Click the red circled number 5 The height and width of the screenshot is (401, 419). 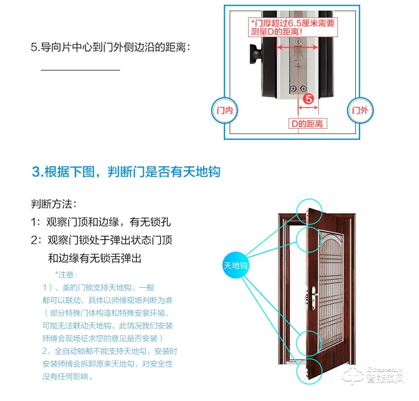[x=308, y=99]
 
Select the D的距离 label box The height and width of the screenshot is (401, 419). [x=308, y=124]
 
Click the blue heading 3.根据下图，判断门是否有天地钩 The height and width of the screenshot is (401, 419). [x=126, y=172]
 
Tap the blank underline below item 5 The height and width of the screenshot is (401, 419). [x=80, y=69]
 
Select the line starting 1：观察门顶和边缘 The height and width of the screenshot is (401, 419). [x=100, y=221]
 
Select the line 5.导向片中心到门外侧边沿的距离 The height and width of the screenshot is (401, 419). [x=110, y=47]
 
